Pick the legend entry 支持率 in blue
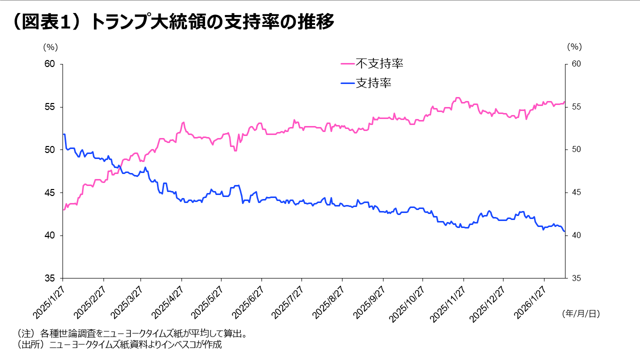click(373, 83)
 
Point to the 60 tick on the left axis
click(49, 64)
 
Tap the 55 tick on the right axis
click(575, 107)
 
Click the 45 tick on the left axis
click(49, 193)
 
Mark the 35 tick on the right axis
click(575, 278)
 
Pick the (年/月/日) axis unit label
click(580, 314)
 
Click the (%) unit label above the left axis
click(50, 47)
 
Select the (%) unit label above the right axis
click(574, 47)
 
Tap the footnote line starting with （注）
click(132, 333)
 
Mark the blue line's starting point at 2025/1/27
click(63, 134)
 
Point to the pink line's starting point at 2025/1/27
click(63, 209)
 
